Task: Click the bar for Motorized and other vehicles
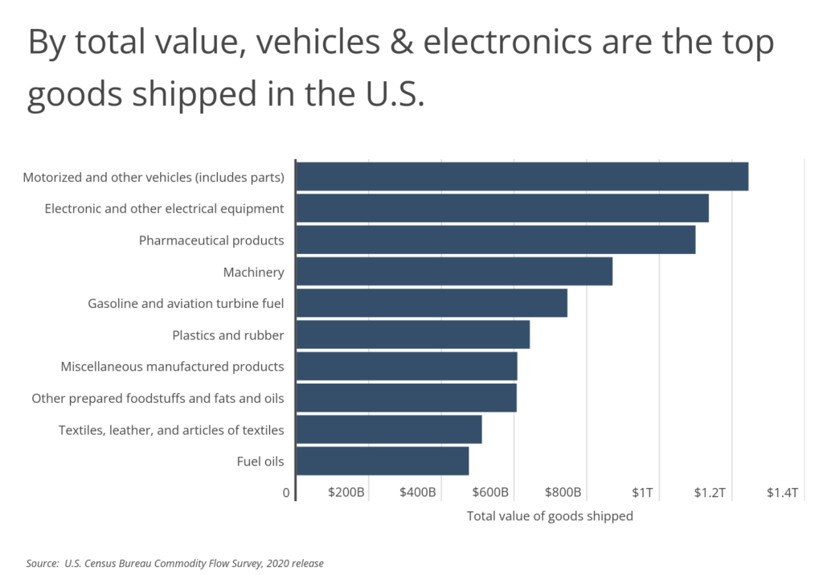tap(522, 177)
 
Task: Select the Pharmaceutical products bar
tap(495, 240)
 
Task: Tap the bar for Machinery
tap(454, 272)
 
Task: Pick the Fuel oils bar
tap(383, 462)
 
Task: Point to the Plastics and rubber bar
tap(412, 335)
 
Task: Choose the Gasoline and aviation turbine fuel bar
tap(432, 303)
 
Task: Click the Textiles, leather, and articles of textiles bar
tap(389, 430)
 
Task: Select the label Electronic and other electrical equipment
tap(164, 209)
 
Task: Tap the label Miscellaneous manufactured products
tap(172, 367)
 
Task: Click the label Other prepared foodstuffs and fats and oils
tap(158, 399)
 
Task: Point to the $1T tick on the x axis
tap(643, 492)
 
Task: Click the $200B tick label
tap(347, 492)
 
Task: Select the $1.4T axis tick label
tap(782, 492)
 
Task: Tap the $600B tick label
tap(490, 492)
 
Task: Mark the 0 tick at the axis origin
tap(286, 492)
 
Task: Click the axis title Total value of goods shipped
tap(550, 516)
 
